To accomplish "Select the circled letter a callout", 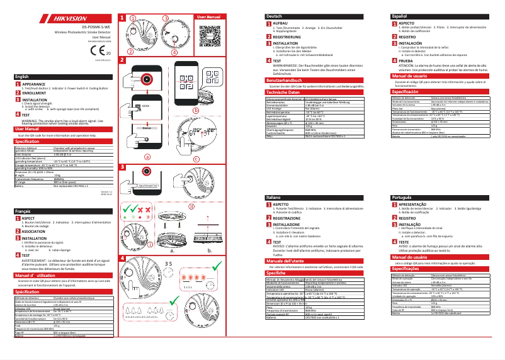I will coord(147,155).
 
